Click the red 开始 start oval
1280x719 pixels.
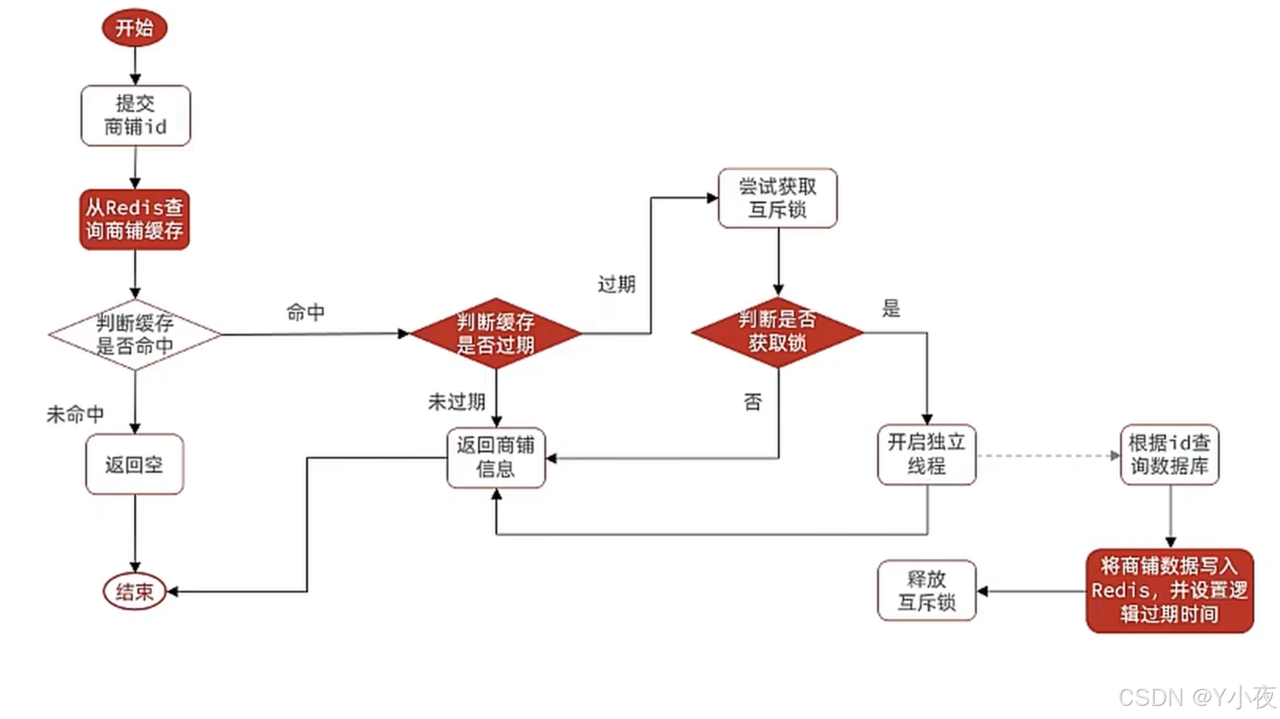[x=135, y=28]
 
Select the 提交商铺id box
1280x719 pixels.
[x=136, y=115]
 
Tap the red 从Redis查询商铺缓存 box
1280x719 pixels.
[x=135, y=219]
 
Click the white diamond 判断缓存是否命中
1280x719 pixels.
[x=135, y=334]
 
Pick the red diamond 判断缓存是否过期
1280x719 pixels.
[x=496, y=334]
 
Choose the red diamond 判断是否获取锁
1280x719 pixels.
[x=777, y=331]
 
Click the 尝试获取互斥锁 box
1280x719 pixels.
[x=777, y=198]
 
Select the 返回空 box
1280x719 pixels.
[x=134, y=464]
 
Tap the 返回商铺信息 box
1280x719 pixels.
[x=496, y=457]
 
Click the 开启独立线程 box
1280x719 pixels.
[x=926, y=455]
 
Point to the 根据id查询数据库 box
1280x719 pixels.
[x=1169, y=455]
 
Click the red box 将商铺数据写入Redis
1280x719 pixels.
[x=1169, y=590]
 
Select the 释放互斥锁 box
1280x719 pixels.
[x=926, y=590]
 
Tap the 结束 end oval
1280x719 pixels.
[x=135, y=592]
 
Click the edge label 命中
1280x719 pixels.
[x=305, y=313]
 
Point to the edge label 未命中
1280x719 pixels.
[x=75, y=414]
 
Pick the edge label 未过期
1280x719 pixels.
[x=456, y=401]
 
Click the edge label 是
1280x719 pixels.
[x=891, y=308]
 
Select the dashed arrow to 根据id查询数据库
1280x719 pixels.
[x=1047, y=456]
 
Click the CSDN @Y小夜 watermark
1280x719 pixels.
[x=1197, y=697]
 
